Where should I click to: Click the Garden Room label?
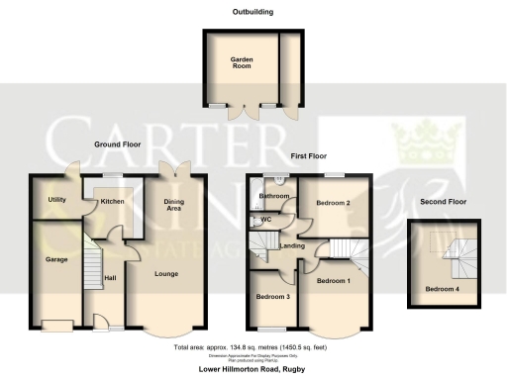click(243, 62)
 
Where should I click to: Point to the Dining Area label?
click(173, 205)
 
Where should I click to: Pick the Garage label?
click(54, 260)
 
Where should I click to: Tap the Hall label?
click(110, 278)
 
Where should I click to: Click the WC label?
click(266, 221)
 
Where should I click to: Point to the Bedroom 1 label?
click(332, 281)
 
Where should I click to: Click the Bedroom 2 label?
click(334, 203)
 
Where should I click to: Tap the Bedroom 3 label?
click(272, 297)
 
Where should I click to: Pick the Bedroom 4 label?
click(441, 289)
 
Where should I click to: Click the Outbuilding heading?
click(253, 13)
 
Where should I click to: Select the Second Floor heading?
click(442, 202)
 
